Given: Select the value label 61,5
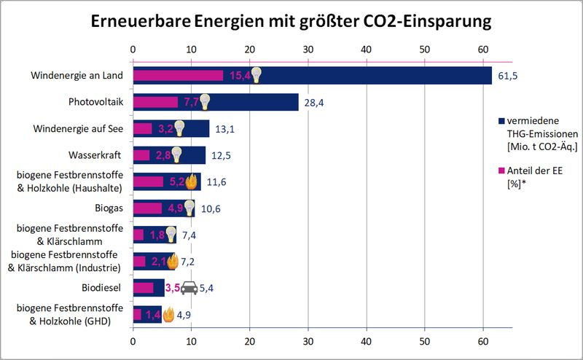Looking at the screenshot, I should [x=508, y=76].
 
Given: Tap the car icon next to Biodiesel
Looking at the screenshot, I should [x=189, y=288].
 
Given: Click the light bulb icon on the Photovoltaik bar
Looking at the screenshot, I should [x=206, y=101].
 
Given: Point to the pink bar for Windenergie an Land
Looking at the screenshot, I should [x=178, y=75].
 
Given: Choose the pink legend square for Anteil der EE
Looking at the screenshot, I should [x=501, y=171].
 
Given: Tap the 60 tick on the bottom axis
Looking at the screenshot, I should [x=482, y=340].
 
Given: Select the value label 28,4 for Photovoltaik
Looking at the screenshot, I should [x=314, y=103].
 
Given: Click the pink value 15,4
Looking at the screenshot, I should [x=239, y=76].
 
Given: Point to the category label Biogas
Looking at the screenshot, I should [x=109, y=208].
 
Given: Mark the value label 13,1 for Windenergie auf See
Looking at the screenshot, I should [x=223, y=129].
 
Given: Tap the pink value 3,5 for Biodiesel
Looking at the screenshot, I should [x=173, y=288].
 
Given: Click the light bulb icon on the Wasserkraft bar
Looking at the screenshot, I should [x=175, y=154].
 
